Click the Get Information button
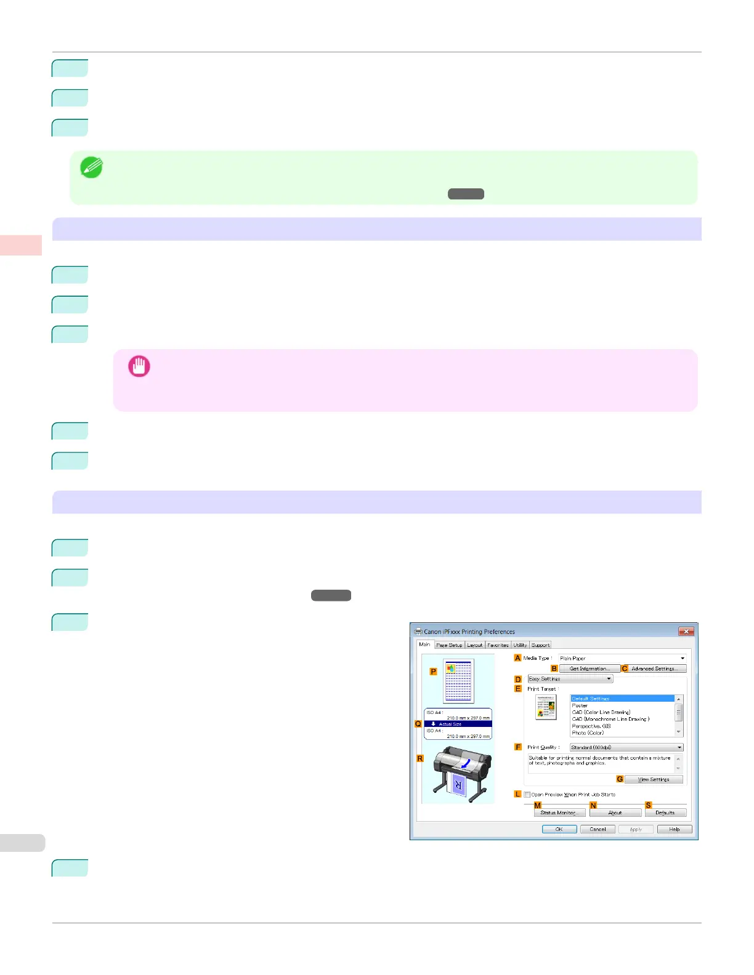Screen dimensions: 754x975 coord(590,668)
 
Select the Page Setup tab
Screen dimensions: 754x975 coord(449,645)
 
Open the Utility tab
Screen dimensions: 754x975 coord(520,645)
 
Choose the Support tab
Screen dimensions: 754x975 coord(540,645)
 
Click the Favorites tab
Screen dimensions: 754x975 coord(498,645)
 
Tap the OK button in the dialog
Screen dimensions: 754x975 coord(559,829)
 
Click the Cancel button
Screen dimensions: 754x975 coord(598,829)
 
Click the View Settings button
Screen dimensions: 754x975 coord(654,779)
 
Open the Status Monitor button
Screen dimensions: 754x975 coord(558,812)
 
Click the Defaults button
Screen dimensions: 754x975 coord(665,812)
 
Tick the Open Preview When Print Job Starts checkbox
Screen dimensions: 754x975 coord(527,795)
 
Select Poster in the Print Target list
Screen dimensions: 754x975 coord(580,705)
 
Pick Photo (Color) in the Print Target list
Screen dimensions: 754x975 coord(588,733)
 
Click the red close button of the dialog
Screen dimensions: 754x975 coord(686,632)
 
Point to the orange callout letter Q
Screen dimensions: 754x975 coord(418,724)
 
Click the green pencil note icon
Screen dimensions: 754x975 coord(91,167)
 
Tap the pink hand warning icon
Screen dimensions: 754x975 coord(139,366)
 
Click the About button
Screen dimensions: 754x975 coord(615,812)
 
